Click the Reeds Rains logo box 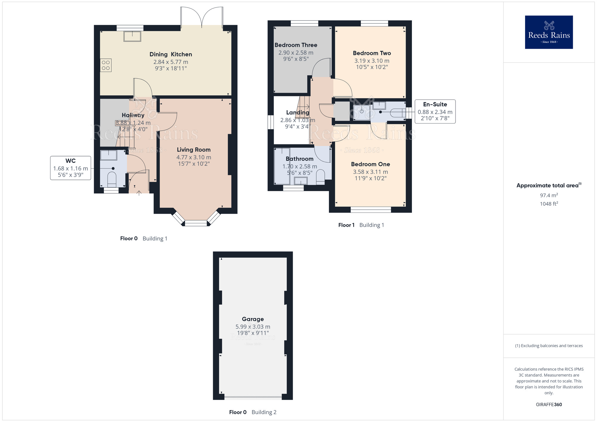(549, 32)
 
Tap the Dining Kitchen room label (171, 54)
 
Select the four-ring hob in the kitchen (106, 65)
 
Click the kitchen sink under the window (132, 36)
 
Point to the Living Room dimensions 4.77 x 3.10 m (194, 157)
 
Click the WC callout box (70, 168)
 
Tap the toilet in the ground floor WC (112, 178)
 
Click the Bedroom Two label (372, 53)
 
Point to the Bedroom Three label (296, 45)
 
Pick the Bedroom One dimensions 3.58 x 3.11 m (370, 172)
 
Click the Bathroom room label (299, 159)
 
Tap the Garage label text (253, 319)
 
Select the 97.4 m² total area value (549, 195)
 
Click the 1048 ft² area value (549, 204)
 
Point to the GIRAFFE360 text (549, 404)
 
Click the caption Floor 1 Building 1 (361, 225)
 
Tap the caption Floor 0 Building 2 (253, 412)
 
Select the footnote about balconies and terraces (549, 346)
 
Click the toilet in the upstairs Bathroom (320, 177)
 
